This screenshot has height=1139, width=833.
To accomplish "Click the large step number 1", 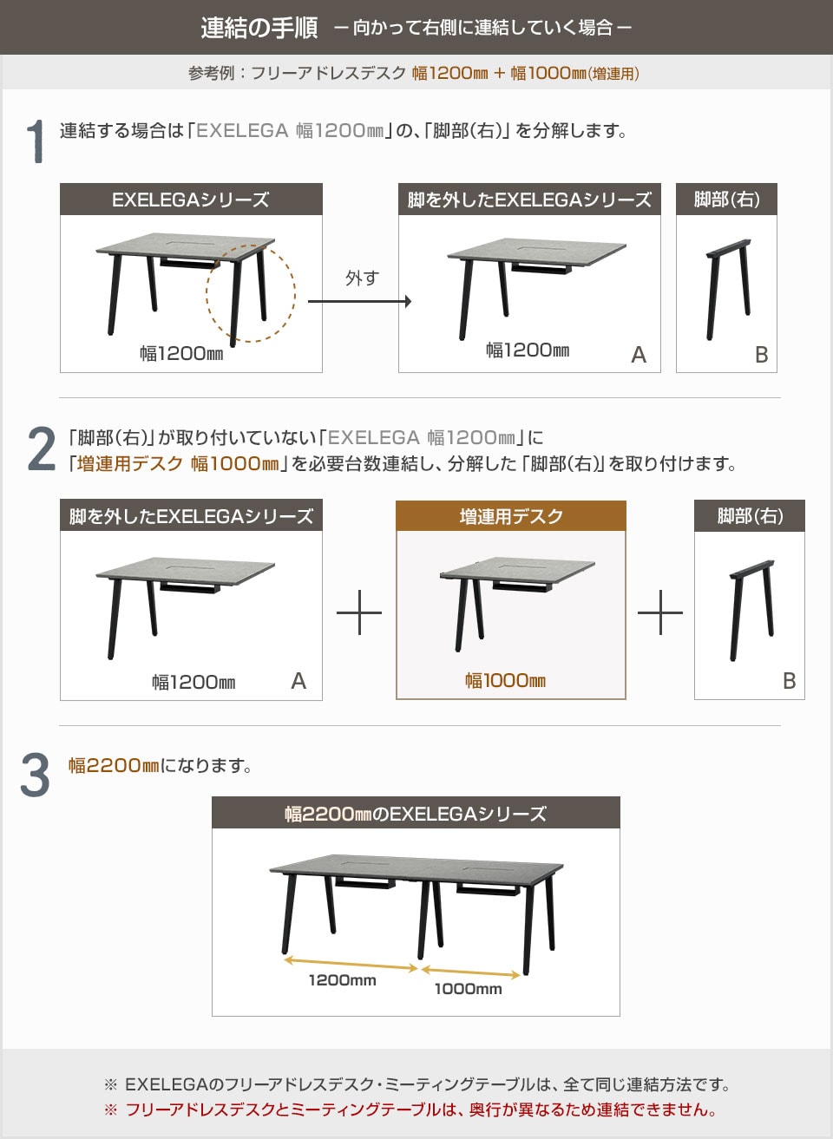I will (x=35, y=141).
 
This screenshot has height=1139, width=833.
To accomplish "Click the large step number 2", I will (x=41, y=449).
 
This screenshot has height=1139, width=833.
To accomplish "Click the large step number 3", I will (x=35, y=775).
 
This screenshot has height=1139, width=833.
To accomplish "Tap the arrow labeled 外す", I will (x=359, y=301).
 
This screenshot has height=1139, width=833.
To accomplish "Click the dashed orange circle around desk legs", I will (x=250, y=293).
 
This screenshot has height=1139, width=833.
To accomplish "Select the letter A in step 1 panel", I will (x=639, y=355).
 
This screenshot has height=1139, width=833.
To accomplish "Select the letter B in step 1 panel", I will (x=761, y=355).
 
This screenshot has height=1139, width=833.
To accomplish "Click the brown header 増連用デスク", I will (x=511, y=517).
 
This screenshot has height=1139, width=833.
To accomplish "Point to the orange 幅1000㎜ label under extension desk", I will (x=505, y=681).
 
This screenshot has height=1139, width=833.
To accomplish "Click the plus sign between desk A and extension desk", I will (x=359, y=612).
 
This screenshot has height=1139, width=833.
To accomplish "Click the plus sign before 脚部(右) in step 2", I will (x=660, y=612).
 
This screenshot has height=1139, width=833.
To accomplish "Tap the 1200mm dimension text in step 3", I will (x=342, y=980).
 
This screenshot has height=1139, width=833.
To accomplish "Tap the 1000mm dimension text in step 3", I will (x=468, y=989).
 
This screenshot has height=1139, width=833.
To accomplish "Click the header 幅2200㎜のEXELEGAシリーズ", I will (x=416, y=814).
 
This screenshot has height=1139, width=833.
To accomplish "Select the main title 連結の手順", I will (x=259, y=28).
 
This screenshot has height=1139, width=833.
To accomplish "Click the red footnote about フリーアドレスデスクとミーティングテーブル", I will (x=420, y=1110).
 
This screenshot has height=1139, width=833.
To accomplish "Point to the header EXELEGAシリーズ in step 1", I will (x=191, y=200).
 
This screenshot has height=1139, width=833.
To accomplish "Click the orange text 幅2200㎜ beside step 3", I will (x=114, y=766).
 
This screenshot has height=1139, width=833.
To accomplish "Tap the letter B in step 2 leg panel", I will (x=789, y=681).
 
